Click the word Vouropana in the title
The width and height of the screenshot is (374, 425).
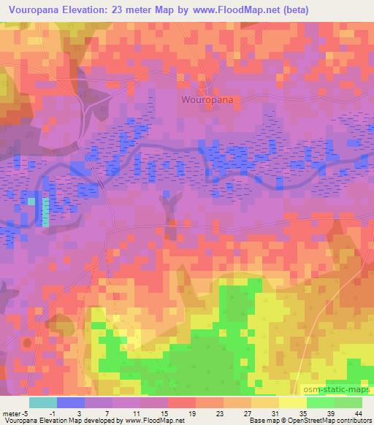[x=36, y=10]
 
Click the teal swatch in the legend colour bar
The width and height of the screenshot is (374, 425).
[x=43, y=402]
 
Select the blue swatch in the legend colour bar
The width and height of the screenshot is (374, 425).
[x=71, y=402]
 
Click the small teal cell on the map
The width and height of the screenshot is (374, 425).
[x=45, y=211]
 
